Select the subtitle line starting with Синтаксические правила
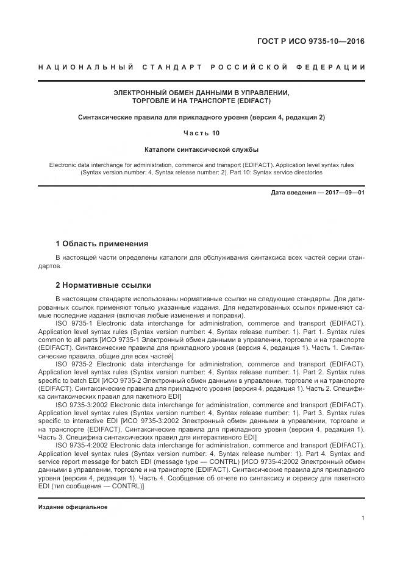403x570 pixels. (201, 116)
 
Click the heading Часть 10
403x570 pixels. (201, 132)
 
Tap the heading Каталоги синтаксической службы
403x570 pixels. (201, 148)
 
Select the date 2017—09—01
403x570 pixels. (346, 193)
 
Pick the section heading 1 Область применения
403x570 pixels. (102, 243)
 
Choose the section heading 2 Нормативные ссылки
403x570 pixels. (103, 285)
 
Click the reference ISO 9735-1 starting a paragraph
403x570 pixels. (74, 330)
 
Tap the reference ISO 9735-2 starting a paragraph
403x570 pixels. (74, 364)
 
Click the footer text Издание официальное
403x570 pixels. (73, 507)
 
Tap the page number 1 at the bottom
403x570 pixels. (363, 518)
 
